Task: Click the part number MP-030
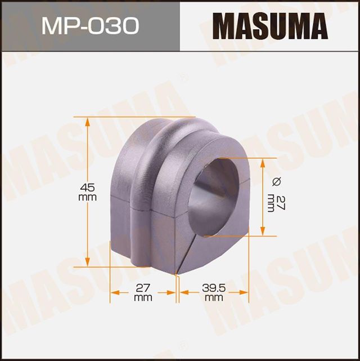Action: pos(90,26)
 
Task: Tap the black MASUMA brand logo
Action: pos(269,26)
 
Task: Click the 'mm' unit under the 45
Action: pos(87,198)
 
